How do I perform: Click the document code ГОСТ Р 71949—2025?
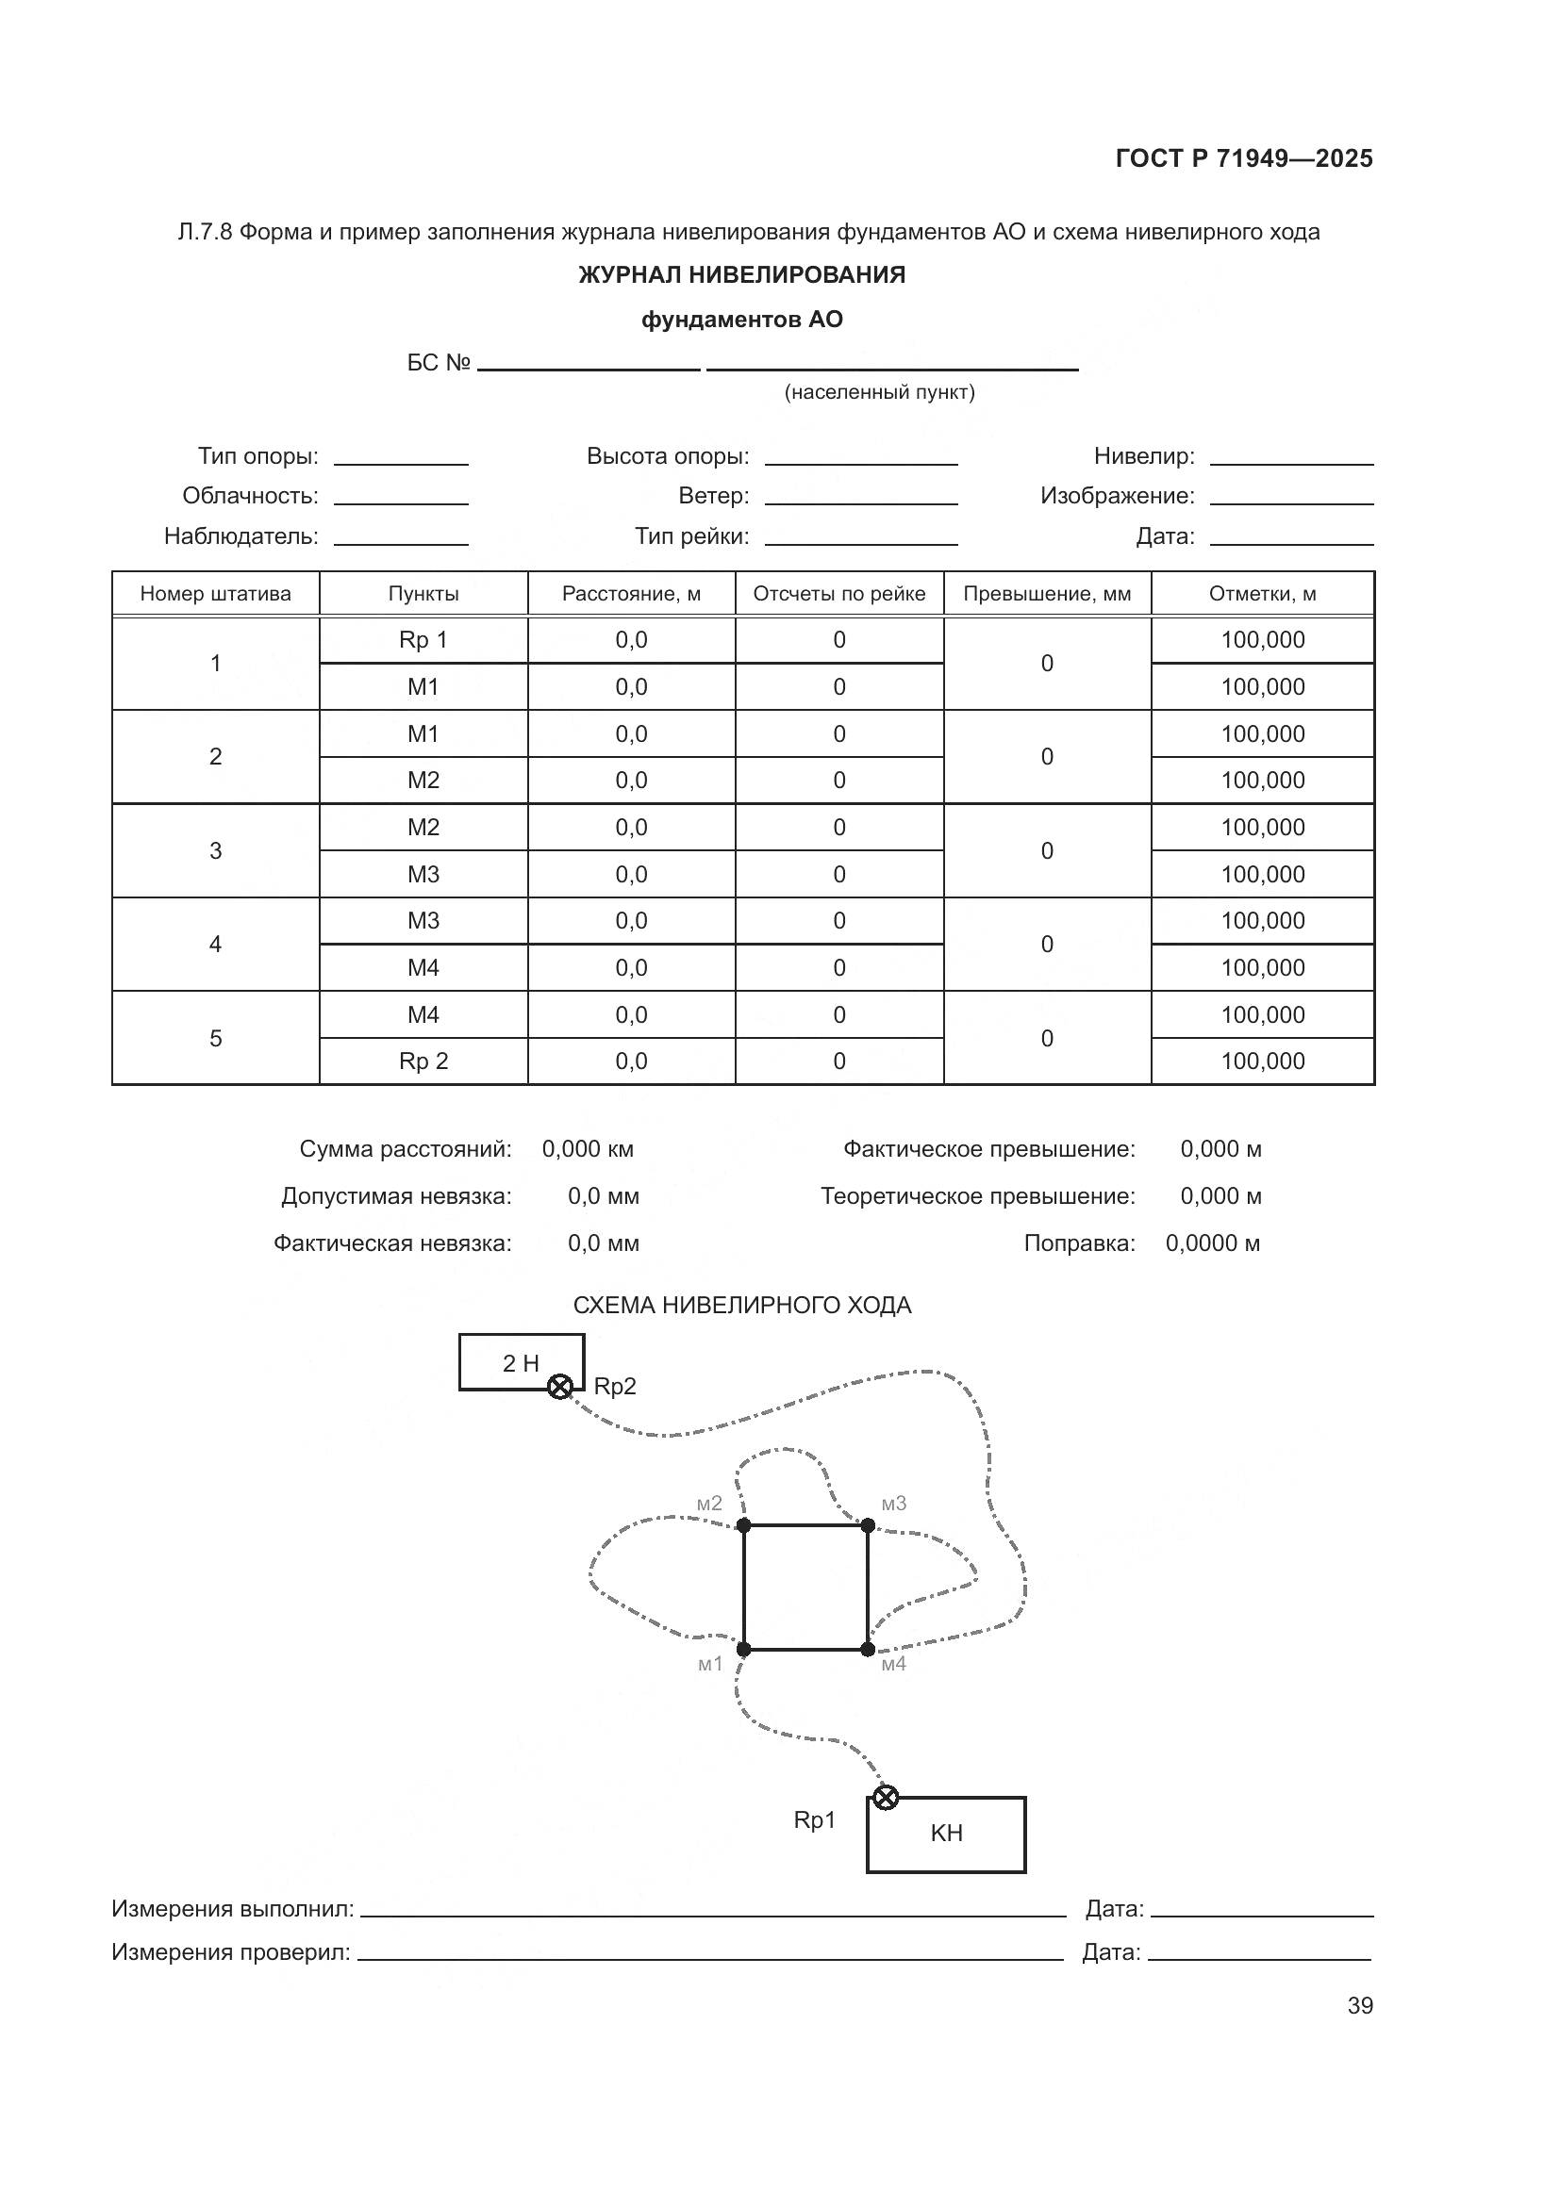[x=1244, y=158]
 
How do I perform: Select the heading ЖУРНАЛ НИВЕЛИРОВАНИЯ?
[x=741, y=274]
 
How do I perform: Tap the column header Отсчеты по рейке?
[x=838, y=594]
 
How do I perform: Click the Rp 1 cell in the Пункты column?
[x=423, y=639]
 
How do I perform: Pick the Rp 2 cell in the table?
[x=423, y=1061]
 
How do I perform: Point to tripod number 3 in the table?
[x=215, y=851]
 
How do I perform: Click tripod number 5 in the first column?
[x=215, y=1038]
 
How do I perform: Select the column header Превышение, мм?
[x=1047, y=594]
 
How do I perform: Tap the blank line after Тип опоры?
[x=401, y=458]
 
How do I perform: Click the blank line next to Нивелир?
[x=1291, y=458]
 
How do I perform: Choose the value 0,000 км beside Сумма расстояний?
[x=588, y=1148]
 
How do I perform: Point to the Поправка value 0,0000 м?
[x=1212, y=1242]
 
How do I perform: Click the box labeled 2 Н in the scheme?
[x=521, y=1362]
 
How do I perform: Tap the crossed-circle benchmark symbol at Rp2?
[x=560, y=1387]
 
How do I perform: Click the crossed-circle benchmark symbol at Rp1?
[x=885, y=1797]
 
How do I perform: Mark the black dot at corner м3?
[x=868, y=1525]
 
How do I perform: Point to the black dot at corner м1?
[x=743, y=1649]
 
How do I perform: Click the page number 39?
[x=1359, y=2005]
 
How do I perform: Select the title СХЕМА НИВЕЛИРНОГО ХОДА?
[x=741, y=1305]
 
